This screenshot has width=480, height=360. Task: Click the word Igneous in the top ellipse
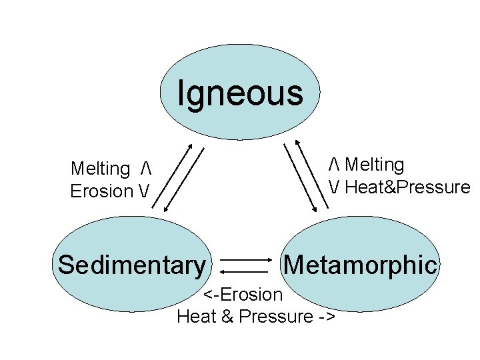pos(240,93)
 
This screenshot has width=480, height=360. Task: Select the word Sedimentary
pos(132,265)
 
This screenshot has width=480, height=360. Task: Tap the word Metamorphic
pos(361,265)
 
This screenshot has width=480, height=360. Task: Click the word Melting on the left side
pos(100,169)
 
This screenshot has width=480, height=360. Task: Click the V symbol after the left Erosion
pos(145,191)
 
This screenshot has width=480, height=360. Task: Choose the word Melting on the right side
pos(375,165)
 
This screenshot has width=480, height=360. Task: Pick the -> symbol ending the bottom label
pos(327,316)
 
